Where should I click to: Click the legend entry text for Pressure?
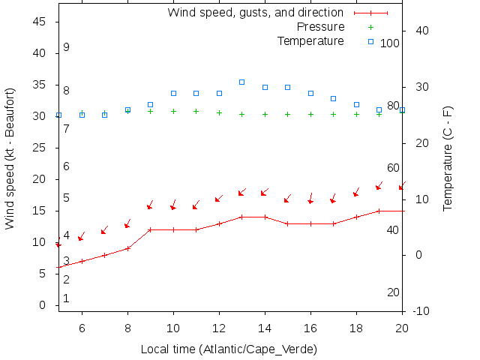(x=310, y=27)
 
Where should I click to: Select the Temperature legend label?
(x=310, y=40)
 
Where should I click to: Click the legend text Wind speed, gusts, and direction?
(x=256, y=13)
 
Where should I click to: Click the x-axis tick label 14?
(x=265, y=327)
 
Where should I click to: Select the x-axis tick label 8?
(x=127, y=327)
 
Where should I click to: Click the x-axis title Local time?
(x=229, y=349)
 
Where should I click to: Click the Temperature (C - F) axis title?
(x=448, y=157)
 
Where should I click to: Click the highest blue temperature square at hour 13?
(x=241, y=82)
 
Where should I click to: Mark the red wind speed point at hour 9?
(x=150, y=229)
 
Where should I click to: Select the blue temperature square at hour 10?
(x=173, y=93)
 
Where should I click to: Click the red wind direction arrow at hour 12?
(x=219, y=199)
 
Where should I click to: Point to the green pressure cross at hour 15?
(x=287, y=115)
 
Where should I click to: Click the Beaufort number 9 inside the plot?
(x=66, y=47)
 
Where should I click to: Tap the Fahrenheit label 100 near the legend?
(x=390, y=43)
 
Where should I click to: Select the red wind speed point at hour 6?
(x=82, y=261)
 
